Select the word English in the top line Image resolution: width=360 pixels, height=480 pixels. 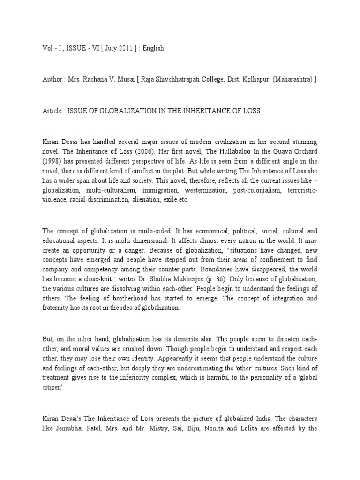(x=153, y=49)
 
